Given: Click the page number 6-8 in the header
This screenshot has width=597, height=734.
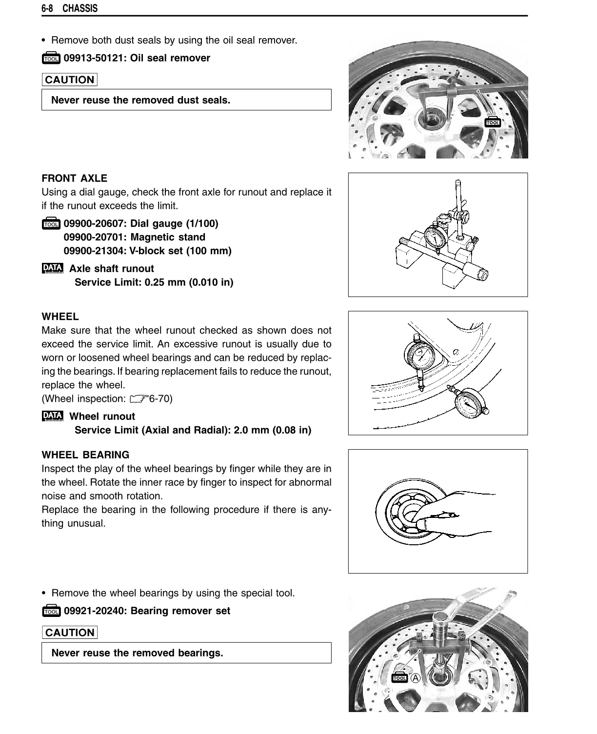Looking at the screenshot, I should coord(47,9).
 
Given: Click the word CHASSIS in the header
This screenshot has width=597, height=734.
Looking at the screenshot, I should coord(80,9).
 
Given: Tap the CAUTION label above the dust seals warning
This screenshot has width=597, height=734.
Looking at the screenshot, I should coord(69,80).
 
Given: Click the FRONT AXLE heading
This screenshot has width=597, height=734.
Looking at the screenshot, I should coord(74,179).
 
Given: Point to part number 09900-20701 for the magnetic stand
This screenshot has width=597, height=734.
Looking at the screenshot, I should coord(93,238).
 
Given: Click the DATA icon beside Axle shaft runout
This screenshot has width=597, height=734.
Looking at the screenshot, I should coord(53,268).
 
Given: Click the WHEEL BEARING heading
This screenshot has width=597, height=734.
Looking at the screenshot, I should coord(85,455).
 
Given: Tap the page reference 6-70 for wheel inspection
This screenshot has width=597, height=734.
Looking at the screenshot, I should coord(160,399).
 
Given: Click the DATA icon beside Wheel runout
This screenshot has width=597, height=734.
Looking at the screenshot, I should coord(53,416).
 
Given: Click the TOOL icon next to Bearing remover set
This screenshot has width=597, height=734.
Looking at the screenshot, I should coord(51,611).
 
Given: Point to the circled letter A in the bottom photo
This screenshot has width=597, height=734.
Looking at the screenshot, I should coord(416,678).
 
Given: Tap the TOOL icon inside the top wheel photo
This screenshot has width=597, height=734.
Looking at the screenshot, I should coord(493,122).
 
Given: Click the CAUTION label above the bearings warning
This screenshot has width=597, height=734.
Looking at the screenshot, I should coord(69,633).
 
